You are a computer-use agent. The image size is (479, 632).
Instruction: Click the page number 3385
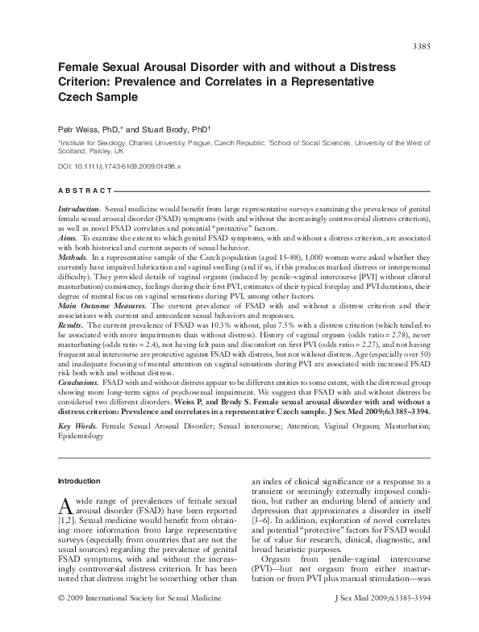pyautogui.click(x=420, y=45)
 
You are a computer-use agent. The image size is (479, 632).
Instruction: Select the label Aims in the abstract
pyautogui.click(x=68, y=240)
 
